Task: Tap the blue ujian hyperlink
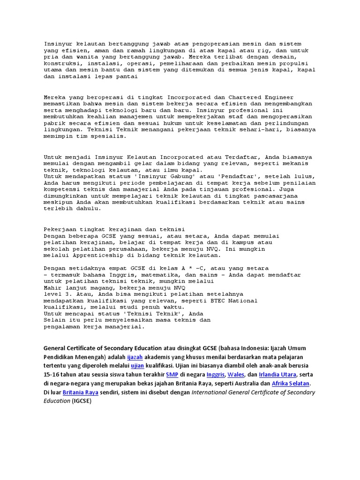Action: pyautogui.click(x=138, y=366)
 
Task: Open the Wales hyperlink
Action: pyautogui.click(x=236, y=375)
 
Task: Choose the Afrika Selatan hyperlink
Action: pyautogui.click(x=288, y=383)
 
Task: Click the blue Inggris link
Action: pyautogui.click(x=215, y=375)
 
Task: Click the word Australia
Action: pyautogui.click(x=231, y=383)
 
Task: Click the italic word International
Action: pyautogui.click(x=214, y=392)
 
